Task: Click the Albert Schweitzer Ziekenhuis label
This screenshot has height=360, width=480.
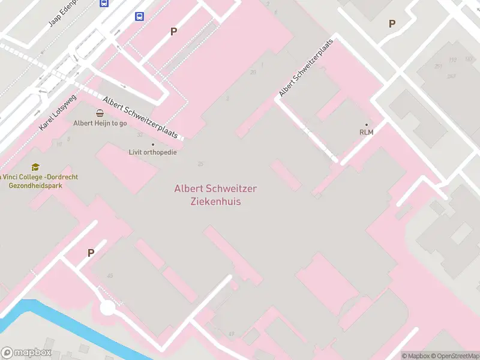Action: (x=215, y=195)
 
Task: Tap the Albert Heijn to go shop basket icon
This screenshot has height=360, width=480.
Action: (x=100, y=113)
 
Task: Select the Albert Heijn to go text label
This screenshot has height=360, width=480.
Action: (x=100, y=123)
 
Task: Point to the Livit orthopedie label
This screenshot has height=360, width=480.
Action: (x=153, y=152)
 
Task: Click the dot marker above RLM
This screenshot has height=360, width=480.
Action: (x=367, y=125)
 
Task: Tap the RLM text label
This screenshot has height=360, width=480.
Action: (x=367, y=132)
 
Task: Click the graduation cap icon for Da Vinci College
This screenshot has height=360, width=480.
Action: (x=35, y=167)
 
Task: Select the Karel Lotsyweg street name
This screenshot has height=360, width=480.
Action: (x=58, y=112)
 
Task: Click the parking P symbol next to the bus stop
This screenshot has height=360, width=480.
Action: (x=174, y=31)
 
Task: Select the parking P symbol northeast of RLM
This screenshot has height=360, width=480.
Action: (x=392, y=23)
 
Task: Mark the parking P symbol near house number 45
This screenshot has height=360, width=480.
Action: (x=91, y=253)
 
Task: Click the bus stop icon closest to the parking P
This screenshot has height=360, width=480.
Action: (x=140, y=16)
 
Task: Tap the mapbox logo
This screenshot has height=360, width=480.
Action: (x=26, y=353)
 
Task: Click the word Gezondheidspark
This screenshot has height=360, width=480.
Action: (x=35, y=185)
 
